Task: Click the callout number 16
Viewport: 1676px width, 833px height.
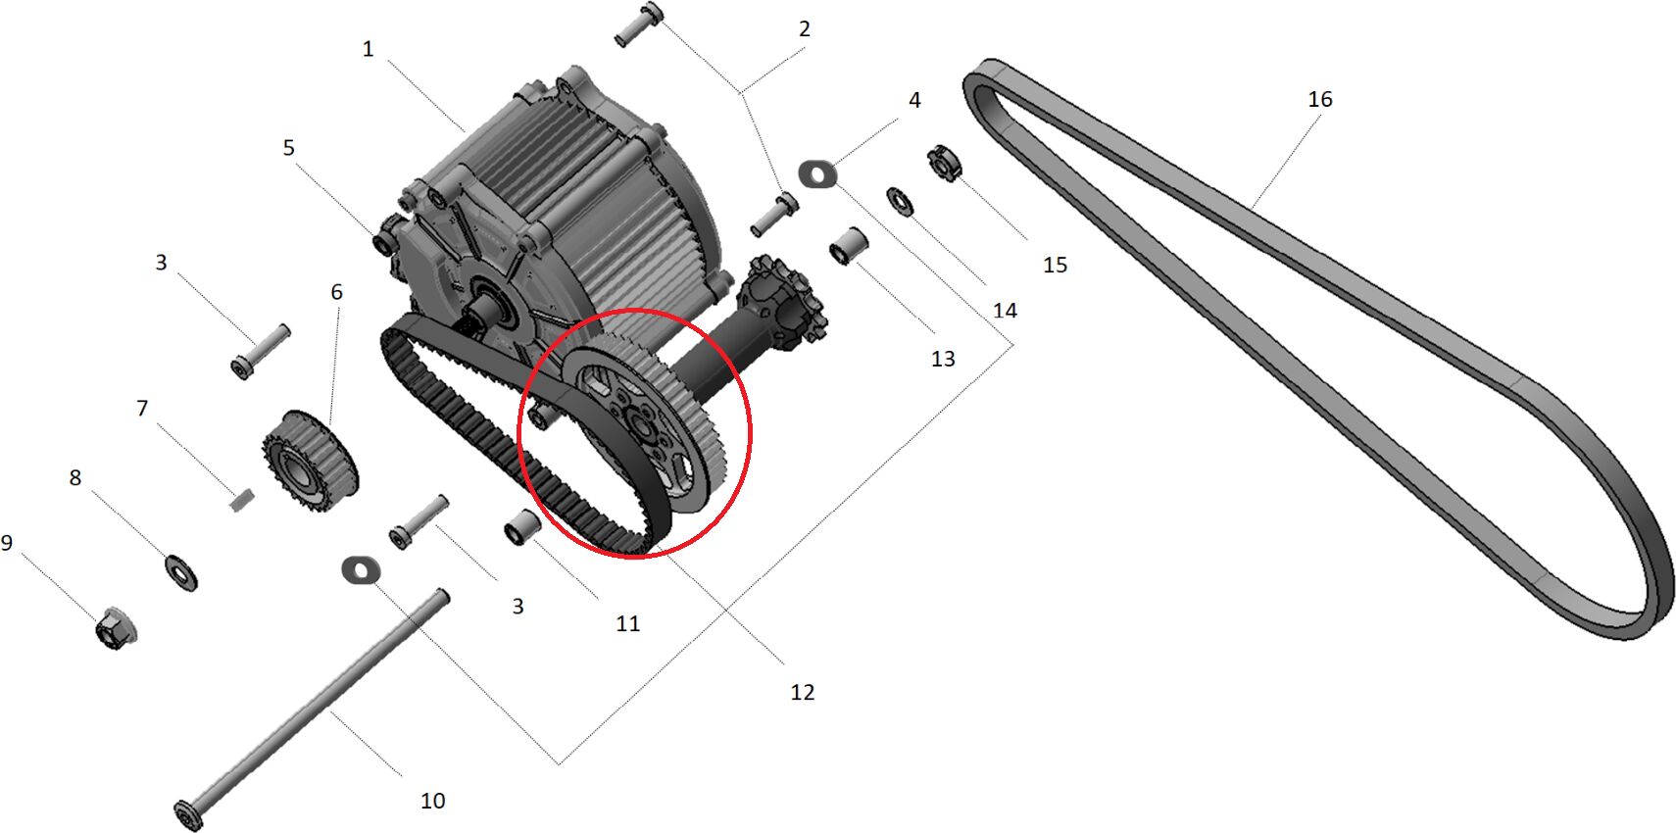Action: (x=1320, y=100)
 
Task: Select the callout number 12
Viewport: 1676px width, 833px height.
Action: (x=802, y=692)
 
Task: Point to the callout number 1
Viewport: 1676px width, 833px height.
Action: (x=368, y=49)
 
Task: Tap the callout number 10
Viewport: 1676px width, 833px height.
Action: (x=432, y=801)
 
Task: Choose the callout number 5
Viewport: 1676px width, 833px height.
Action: (x=289, y=148)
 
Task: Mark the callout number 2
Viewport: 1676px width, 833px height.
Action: (x=805, y=29)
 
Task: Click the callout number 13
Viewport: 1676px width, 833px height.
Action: (x=943, y=360)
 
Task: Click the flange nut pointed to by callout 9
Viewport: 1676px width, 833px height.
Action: (x=116, y=628)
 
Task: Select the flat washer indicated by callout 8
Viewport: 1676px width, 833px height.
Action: (x=180, y=572)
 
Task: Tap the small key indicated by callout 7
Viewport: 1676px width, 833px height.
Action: (x=241, y=499)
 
